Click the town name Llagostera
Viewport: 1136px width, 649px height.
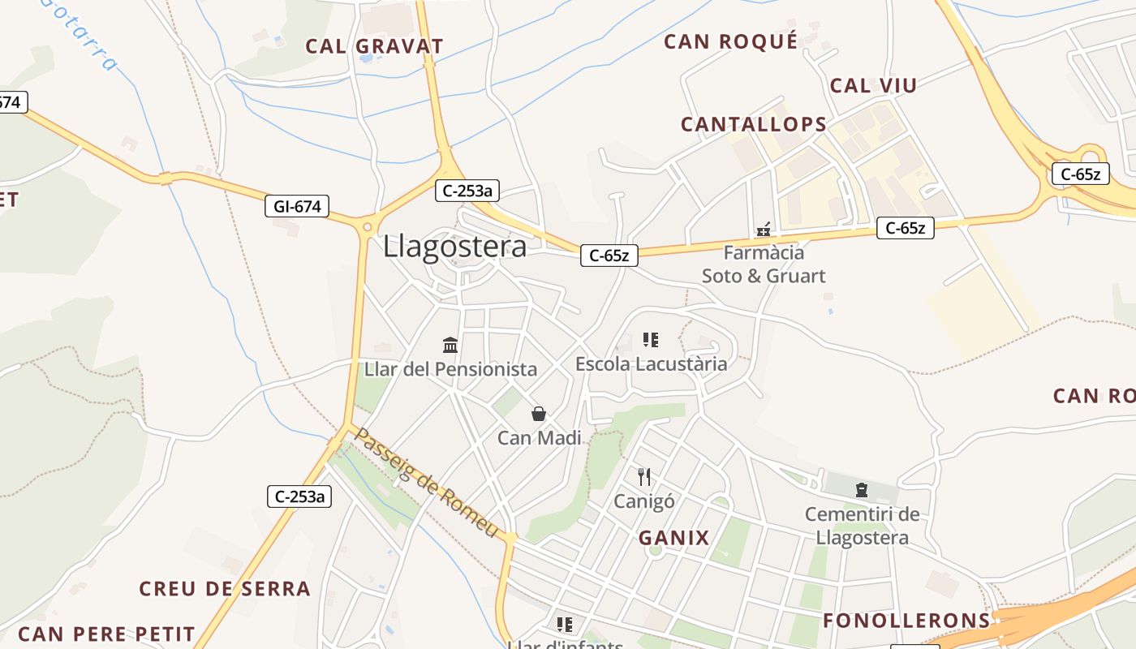[x=454, y=246]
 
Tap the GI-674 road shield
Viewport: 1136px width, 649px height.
[x=298, y=207]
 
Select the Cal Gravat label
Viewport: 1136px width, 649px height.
[x=374, y=46]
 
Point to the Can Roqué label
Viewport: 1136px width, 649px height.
[x=731, y=41]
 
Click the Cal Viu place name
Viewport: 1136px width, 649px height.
[x=873, y=85]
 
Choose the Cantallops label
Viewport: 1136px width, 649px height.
[x=754, y=124]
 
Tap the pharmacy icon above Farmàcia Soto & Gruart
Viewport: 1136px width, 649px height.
[x=764, y=230]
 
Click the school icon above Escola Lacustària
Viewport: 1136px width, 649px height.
[x=650, y=340]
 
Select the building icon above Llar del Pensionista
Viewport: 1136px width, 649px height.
[x=450, y=346]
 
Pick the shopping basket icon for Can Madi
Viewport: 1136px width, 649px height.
[x=539, y=415]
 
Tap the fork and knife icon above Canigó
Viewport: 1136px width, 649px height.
[x=644, y=476]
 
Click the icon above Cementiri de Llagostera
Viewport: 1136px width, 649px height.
[x=862, y=490]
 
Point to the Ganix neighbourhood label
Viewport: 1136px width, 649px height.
[x=673, y=537]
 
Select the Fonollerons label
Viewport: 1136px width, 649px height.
[x=907, y=621]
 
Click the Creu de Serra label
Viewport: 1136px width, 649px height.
[x=225, y=588]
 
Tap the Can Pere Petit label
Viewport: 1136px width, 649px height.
[x=106, y=634]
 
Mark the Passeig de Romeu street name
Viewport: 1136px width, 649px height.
[x=426, y=483]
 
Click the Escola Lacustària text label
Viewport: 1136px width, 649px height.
[x=651, y=364]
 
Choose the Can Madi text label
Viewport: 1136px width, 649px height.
[x=539, y=438]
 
